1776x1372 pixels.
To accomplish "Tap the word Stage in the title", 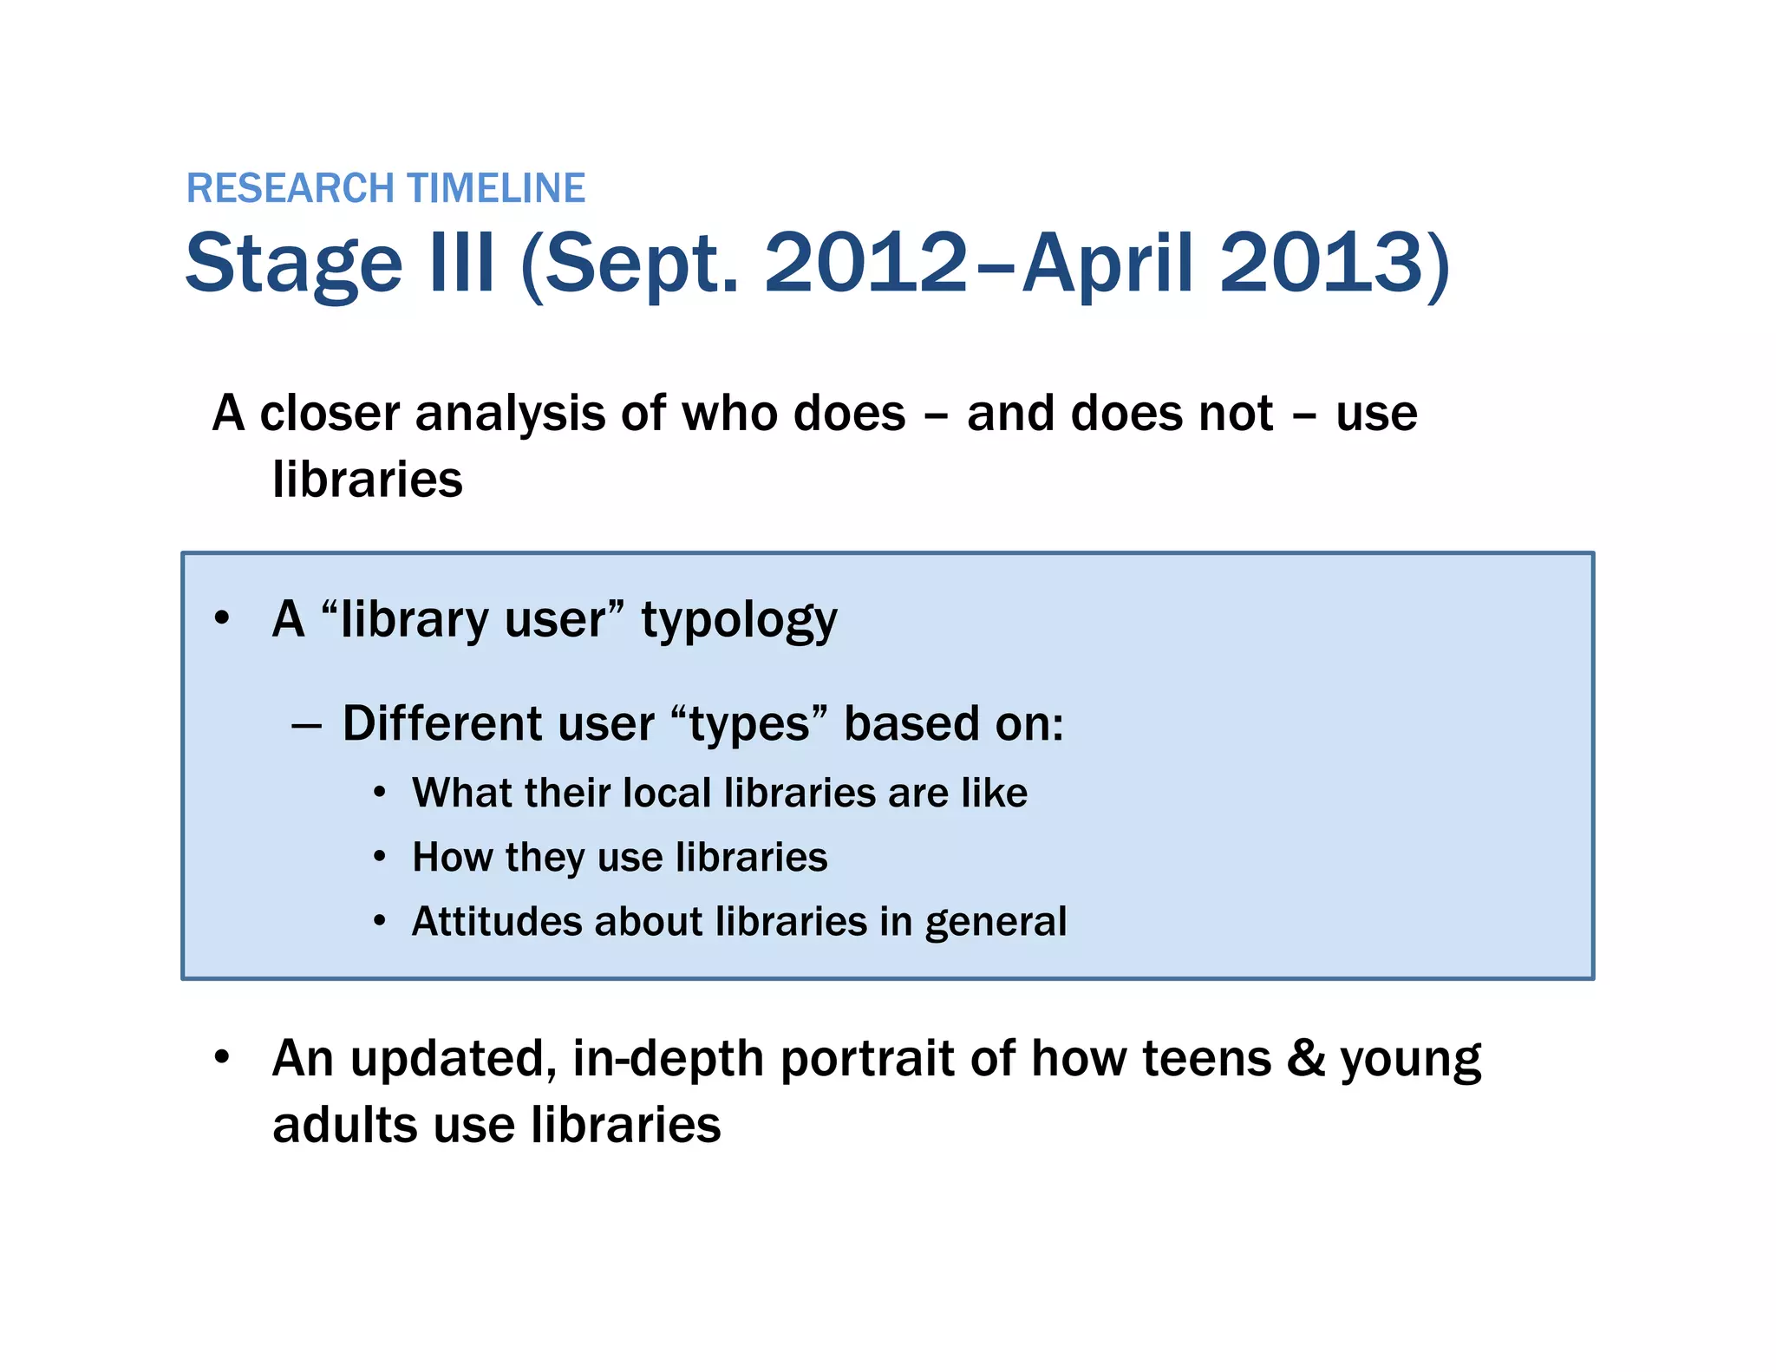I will pos(294,263).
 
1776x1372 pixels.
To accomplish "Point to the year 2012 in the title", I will pos(865,263).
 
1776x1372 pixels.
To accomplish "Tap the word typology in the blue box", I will pos(739,621).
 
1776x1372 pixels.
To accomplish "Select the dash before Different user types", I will pos(307,725).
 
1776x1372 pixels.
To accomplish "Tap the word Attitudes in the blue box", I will pos(497,921).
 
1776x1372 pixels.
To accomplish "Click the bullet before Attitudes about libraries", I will pos(380,921).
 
